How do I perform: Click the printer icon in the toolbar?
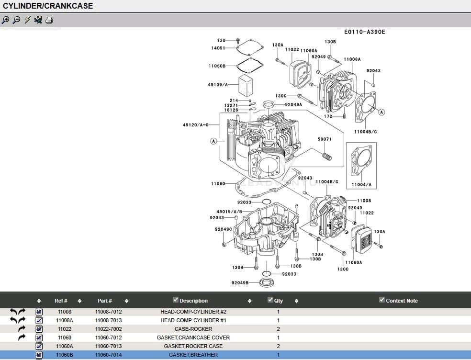(x=49, y=20)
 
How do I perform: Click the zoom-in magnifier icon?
(x=5, y=20)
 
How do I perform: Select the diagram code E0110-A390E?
(x=364, y=32)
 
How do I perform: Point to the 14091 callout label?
(x=218, y=48)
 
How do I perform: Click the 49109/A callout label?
(x=217, y=85)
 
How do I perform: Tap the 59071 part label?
(x=324, y=139)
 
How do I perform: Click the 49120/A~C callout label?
(x=196, y=125)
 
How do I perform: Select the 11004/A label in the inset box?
(x=361, y=184)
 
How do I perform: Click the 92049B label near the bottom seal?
(x=240, y=283)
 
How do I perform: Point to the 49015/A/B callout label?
(x=229, y=211)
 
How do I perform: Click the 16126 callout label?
(x=231, y=110)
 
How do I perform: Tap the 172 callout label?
(x=328, y=116)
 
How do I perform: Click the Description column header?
(x=193, y=301)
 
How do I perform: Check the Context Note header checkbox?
(x=381, y=300)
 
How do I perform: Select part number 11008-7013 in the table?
(x=108, y=320)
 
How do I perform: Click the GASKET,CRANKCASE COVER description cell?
(x=193, y=337)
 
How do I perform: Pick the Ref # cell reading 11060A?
(x=65, y=346)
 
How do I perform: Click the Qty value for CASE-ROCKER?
(x=278, y=329)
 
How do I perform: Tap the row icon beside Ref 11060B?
(x=39, y=355)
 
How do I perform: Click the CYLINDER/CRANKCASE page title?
(x=48, y=6)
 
